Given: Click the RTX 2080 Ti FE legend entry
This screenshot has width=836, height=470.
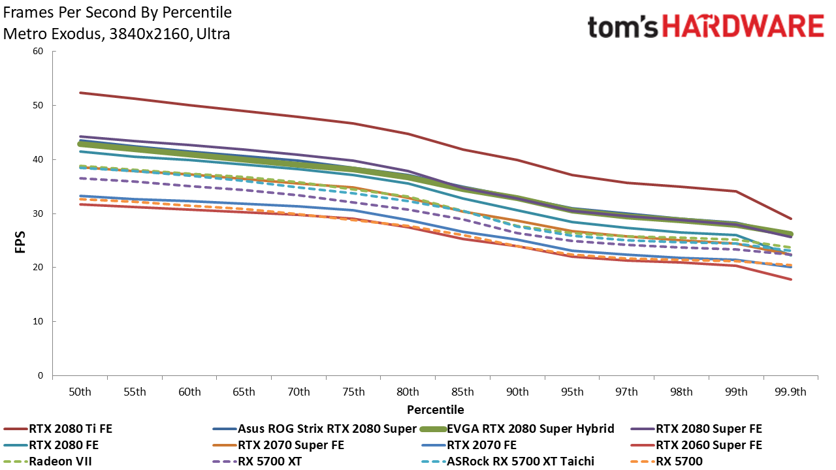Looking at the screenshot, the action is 58,429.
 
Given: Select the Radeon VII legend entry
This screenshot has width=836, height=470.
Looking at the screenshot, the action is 48,462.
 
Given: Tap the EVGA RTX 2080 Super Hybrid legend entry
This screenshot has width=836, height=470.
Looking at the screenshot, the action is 517,429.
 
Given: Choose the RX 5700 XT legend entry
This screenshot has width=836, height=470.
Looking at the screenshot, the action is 257,462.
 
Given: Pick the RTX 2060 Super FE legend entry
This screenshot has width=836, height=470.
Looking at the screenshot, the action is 696,445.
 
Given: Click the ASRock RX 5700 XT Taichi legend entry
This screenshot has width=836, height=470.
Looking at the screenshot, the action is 507,462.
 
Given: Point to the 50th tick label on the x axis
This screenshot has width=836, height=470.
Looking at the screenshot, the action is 80,392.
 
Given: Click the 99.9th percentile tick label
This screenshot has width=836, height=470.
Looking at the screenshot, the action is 790,392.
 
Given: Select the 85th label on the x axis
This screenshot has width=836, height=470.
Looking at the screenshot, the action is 463,392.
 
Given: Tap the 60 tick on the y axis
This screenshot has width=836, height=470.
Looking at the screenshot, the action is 38,51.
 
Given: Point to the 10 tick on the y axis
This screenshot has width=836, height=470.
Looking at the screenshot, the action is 38,321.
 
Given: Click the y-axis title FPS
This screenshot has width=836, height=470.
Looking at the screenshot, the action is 20,242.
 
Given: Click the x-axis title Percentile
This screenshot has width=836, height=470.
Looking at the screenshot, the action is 435,410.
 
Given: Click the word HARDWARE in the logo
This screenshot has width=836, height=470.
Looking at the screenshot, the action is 743,27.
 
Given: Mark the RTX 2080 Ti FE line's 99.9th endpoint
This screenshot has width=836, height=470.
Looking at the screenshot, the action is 790,219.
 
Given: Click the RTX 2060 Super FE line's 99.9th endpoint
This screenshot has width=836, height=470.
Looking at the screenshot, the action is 790,279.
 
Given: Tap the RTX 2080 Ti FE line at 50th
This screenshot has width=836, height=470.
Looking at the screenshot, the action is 80,93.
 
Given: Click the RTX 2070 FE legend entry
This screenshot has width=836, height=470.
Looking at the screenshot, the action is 469,445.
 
